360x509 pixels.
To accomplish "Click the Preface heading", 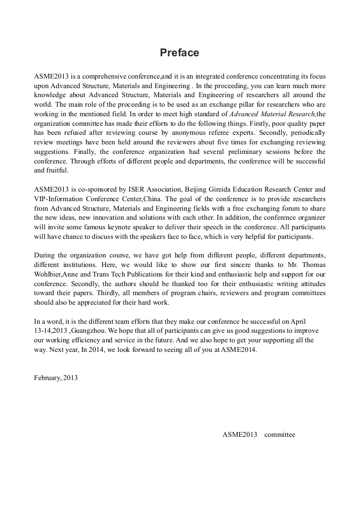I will [x=179, y=53].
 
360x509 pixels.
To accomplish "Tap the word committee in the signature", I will [x=280, y=434].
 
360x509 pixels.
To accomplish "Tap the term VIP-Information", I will [x=58, y=198].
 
